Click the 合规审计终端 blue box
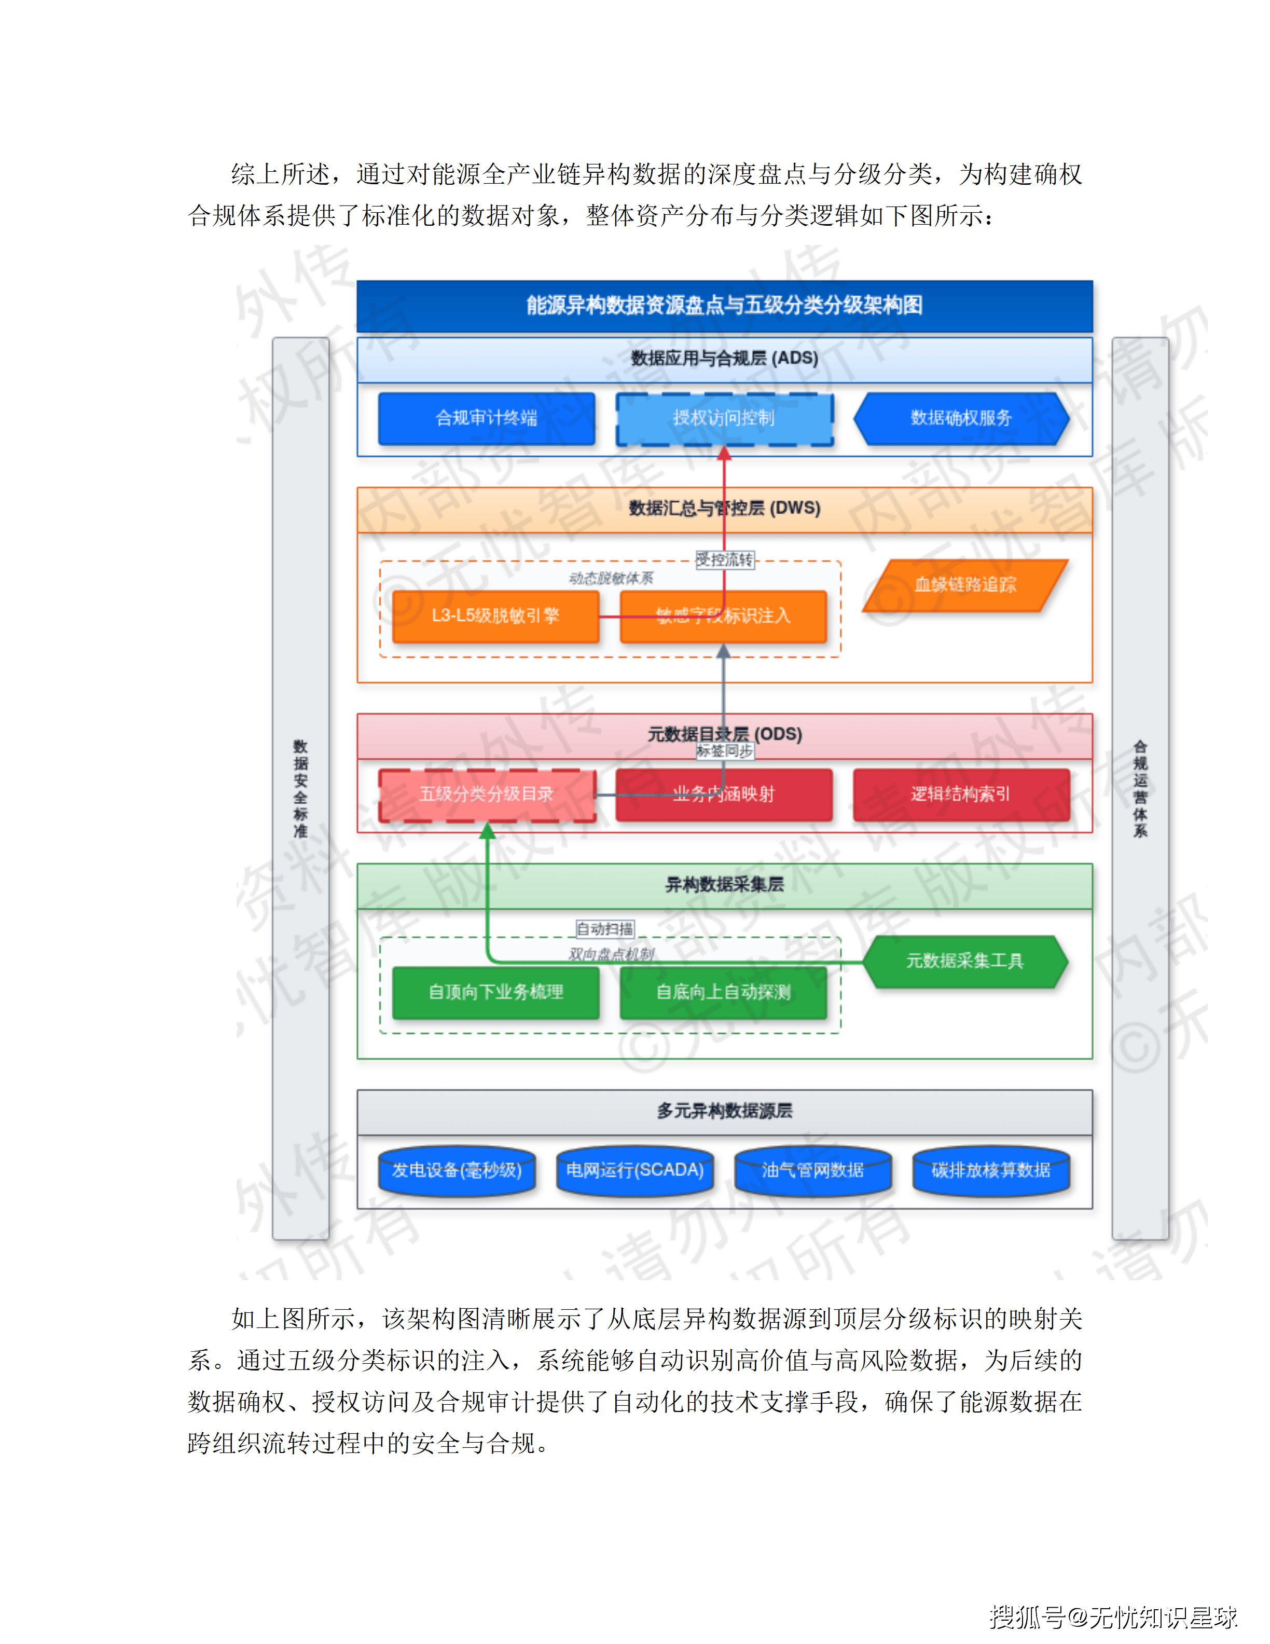pyautogui.click(x=486, y=419)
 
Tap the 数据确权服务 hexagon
pyautogui.click(x=961, y=419)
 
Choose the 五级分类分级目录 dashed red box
pyautogui.click(x=486, y=794)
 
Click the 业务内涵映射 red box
pyautogui.click(x=724, y=794)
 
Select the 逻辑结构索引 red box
pyautogui.click(x=961, y=794)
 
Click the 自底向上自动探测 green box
pyautogui.click(x=723, y=992)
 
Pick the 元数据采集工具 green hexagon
pyautogui.click(x=964, y=961)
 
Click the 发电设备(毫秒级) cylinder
pyautogui.click(x=457, y=1171)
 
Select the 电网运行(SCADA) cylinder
pyautogui.click(x=635, y=1171)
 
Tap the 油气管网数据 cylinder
pyautogui.click(x=812, y=1171)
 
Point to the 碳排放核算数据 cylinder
pyautogui.click(x=991, y=1171)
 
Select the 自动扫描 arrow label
pyautogui.click(x=605, y=929)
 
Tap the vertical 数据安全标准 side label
pyautogui.click(x=300, y=788)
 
